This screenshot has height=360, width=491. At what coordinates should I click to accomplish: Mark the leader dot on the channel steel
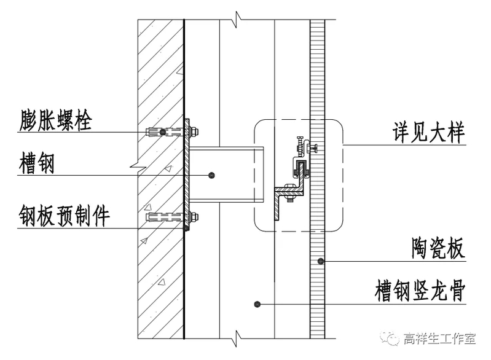click(x=211, y=176)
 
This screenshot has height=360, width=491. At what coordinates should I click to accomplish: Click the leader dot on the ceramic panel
click(x=320, y=262)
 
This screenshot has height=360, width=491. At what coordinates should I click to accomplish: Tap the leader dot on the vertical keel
click(x=259, y=303)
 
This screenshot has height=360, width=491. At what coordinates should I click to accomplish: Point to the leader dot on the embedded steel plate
click(x=186, y=228)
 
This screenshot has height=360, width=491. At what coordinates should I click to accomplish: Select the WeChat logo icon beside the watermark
click(x=391, y=337)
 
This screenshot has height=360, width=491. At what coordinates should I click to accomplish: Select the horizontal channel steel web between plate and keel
click(x=227, y=175)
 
